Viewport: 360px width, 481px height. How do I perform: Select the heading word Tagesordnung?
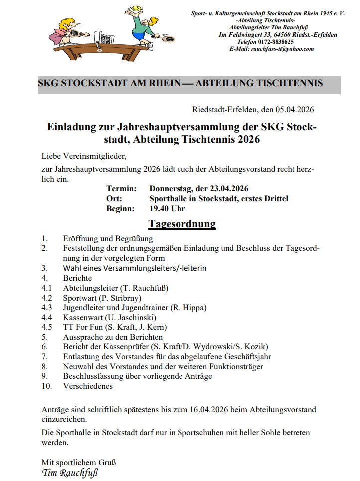182,223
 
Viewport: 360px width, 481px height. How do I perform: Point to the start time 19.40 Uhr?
167,209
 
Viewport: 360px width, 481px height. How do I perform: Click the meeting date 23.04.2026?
226,189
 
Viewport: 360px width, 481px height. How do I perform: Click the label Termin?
121,189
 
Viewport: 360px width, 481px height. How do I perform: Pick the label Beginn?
120,209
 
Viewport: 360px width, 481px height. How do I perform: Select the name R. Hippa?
188,308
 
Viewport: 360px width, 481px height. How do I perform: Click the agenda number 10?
46,386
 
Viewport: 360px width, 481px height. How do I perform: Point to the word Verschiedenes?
88,386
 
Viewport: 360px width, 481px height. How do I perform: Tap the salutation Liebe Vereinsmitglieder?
80,156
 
